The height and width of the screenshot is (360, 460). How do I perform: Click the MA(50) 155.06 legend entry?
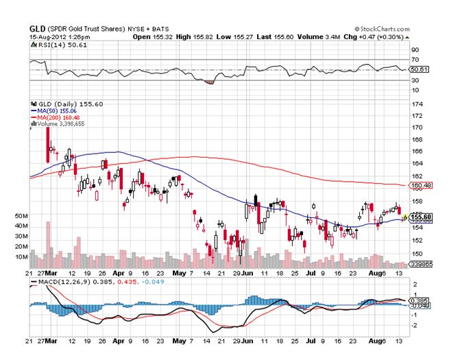(56, 110)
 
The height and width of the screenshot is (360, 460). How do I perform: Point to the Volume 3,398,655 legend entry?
(57, 123)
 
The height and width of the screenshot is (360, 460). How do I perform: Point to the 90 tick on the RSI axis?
(414, 50)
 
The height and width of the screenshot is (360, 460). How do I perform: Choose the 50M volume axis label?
(21, 215)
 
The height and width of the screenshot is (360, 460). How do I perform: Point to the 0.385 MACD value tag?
(417, 300)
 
